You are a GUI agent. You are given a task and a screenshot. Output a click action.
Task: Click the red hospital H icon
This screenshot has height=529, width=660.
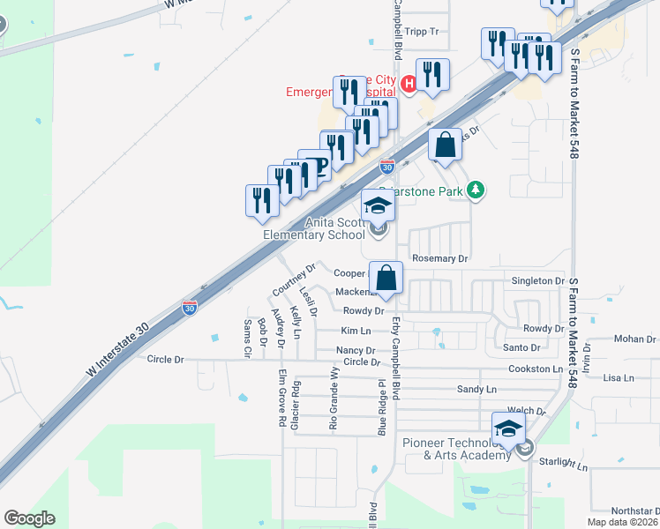click(x=409, y=84)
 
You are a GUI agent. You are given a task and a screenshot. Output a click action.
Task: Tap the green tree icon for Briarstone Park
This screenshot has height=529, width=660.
click(x=476, y=190)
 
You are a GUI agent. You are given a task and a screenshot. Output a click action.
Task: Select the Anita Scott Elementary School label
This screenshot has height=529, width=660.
click(x=314, y=229)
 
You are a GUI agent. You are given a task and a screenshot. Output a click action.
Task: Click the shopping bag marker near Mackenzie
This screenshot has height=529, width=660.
click(x=386, y=277)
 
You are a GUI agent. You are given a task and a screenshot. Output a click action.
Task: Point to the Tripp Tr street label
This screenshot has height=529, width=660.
click(x=423, y=31)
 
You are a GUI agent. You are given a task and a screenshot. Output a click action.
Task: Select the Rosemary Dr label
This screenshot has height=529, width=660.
click(x=439, y=258)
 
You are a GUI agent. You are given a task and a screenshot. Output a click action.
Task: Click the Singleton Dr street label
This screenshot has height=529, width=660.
click(x=537, y=280)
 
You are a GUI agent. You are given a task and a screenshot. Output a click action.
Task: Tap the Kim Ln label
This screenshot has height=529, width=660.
click(x=355, y=331)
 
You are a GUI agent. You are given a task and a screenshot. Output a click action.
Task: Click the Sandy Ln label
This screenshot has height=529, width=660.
click(x=476, y=389)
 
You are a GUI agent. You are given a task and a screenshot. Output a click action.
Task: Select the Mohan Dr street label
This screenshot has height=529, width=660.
click(x=637, y=339)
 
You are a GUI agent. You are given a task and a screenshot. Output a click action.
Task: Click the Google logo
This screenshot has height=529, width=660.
click(x=29, y=518)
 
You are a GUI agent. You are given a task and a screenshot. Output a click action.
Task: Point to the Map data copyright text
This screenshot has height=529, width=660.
click(x=621, y=522)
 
